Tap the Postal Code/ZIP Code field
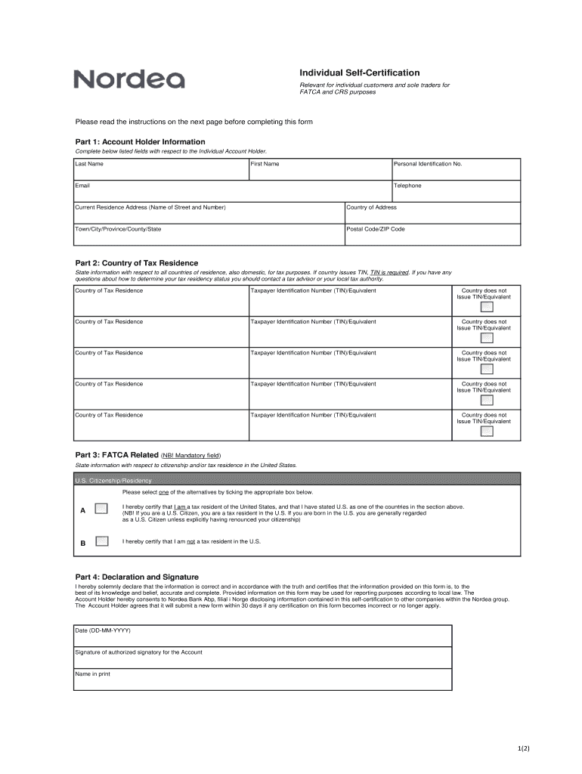pyautogui.click(x=432, y=235)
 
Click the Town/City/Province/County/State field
pyautogui.click(x=209, y=235)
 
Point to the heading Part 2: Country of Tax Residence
pyautogui.click(x=137, y=263)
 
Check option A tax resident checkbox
pyautogui.click(x=101, y=508)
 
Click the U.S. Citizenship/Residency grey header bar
pyautogui.click(x=297, y=479)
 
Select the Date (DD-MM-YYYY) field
pyautogui.click(x=263, y=636)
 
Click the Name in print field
pyautogui.click(x=263, y=680)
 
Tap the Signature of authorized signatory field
pyautogui.click(x=263, y=658)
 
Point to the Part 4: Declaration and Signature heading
pyautogui.click(x=137, y=577)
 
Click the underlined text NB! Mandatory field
pyautogui.click(x=190, y=456)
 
